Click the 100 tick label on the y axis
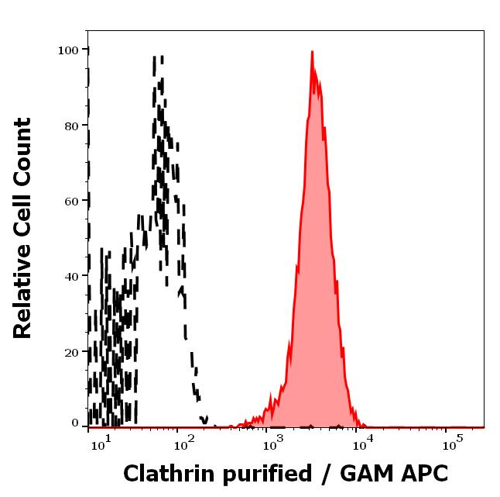click(x=68, y=50)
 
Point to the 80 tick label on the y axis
click(x=70, y=125)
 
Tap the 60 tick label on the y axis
click(x=70, y=200)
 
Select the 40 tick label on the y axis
click(x=70, y=276)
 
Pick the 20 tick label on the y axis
click(x=70, y=351)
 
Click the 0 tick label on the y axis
click(x=75, y=423)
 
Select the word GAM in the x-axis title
click(x=360, y=474)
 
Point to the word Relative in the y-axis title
click(x=23, y=295)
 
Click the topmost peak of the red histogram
click(x=311, y=52)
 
